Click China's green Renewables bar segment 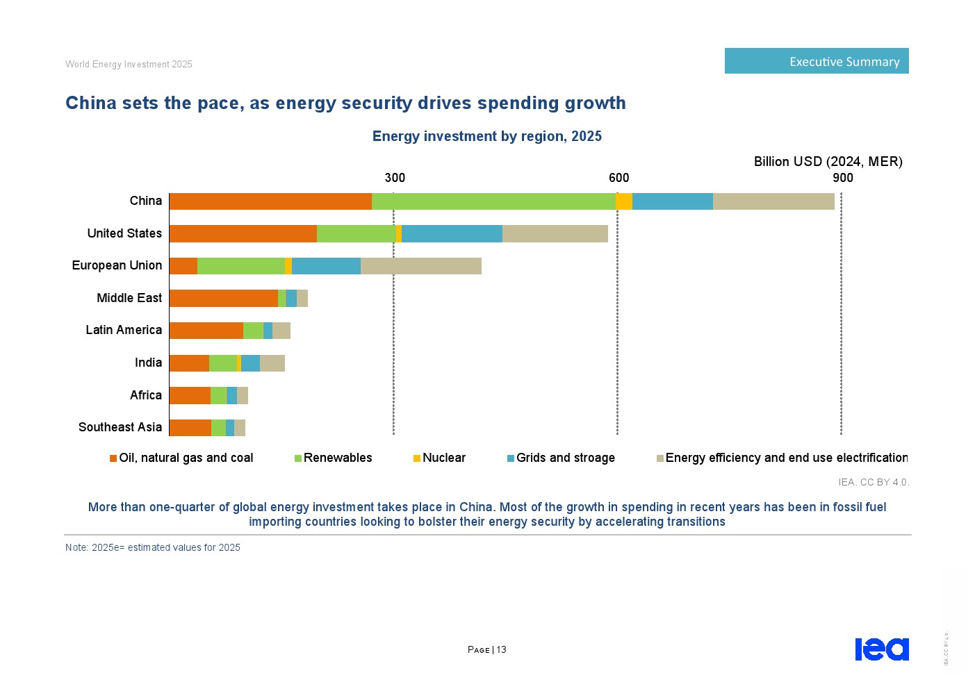(493, 201)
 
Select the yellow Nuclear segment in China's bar (624, 201)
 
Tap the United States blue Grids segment (452, 233)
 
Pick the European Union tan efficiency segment (420, 266)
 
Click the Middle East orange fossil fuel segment (223, 298)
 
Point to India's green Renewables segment (222, 363)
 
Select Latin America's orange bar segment (206, 331)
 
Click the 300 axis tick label (395, 178)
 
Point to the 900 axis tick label (842, 178)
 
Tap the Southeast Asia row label (120, 427)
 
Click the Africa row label (145, 395)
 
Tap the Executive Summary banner (817, 61)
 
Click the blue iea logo (881, 649)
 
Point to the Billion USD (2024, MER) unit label (828, 162)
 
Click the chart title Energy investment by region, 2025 (486, 136)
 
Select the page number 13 (501, 650)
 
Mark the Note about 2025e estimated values (153, 547)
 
